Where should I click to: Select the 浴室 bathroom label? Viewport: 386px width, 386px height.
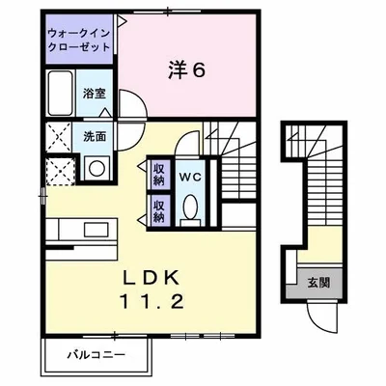pyautogui.click(x=93, y=95)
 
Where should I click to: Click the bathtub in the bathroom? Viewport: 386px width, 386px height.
pyautogui.click(x=60, y=94)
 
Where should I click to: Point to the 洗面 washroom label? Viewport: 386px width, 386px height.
pyautogui.click(x=94, y=136)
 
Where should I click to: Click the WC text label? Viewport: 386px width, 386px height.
pyautogui.click(x=189, y=177)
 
